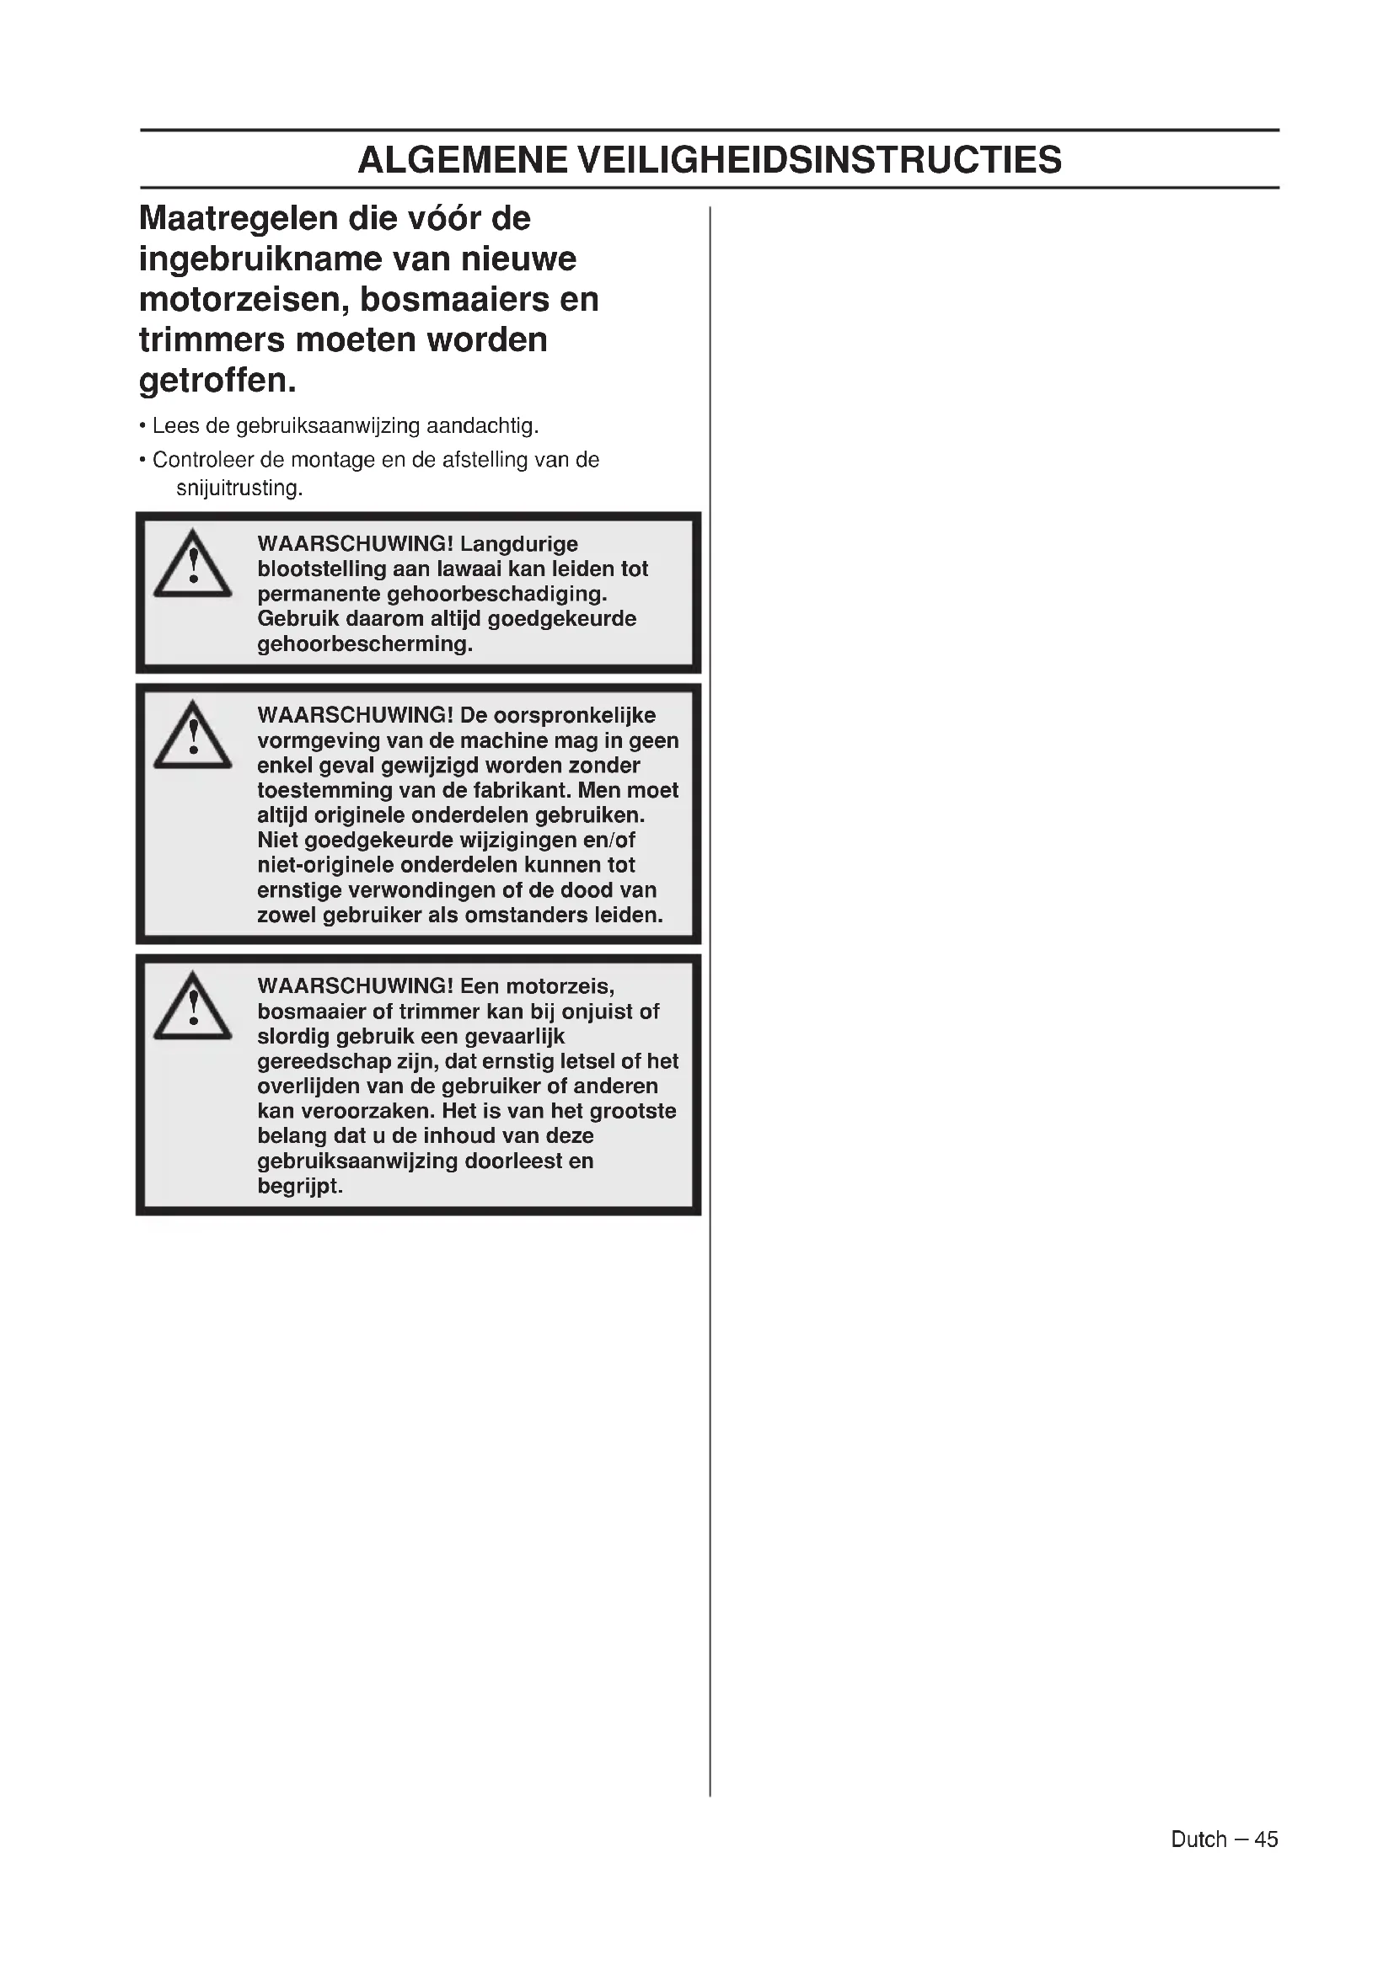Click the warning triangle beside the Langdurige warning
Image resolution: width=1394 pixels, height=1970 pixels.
pos(192,564)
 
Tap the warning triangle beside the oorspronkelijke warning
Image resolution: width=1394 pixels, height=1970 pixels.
pos(192,736)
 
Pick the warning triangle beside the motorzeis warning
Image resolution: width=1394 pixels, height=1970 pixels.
pos(192,1007)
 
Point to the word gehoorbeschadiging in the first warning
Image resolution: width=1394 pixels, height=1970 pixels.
pos(503,594)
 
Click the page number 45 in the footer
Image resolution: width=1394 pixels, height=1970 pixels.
pos(1266,1839)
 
